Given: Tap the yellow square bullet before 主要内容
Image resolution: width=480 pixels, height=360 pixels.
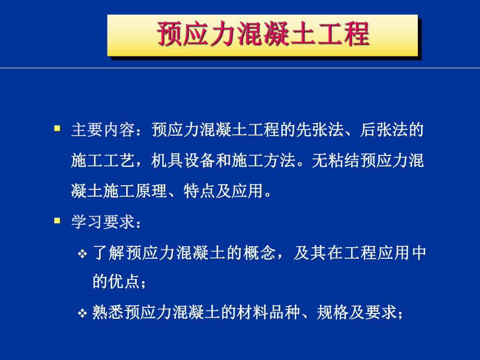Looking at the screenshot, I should (x=57, y=127).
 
